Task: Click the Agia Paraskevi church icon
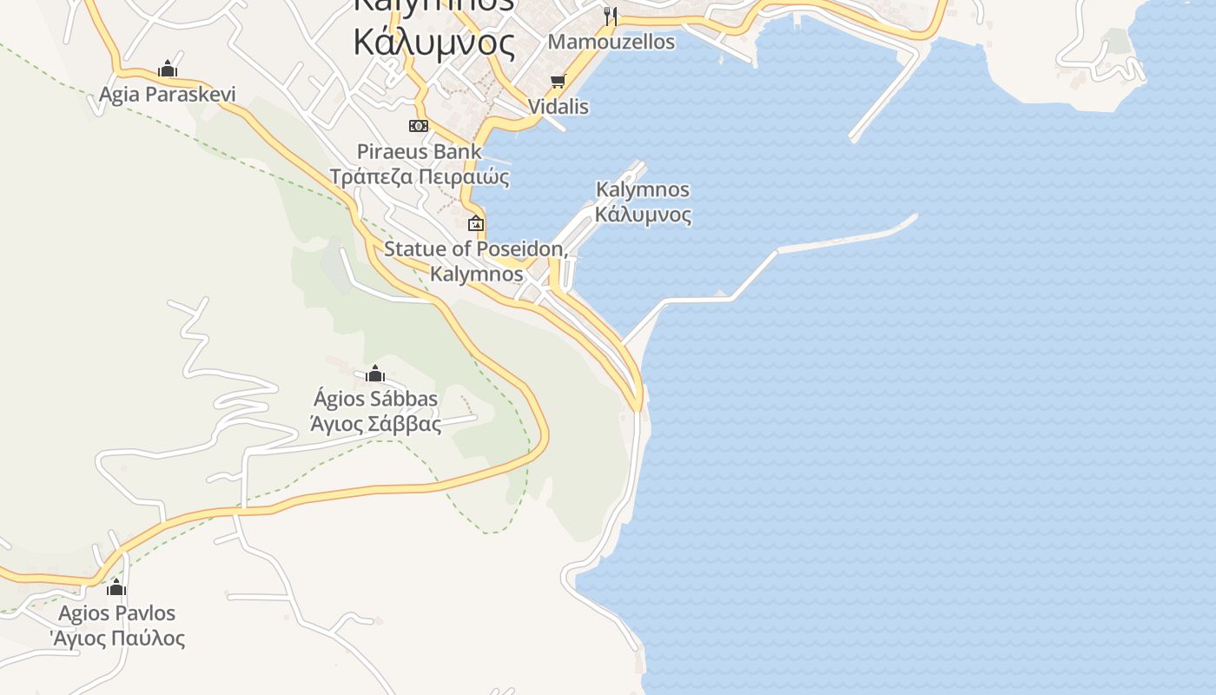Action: point(168,69)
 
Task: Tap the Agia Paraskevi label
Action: point(167,94)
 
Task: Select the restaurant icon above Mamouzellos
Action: point(611,16)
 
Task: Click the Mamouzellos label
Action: point(611,42)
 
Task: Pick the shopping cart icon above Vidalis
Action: point(558,82)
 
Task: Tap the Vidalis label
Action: point(558,107)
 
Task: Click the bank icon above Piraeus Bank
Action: point(419,126)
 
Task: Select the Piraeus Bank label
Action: point(419,152)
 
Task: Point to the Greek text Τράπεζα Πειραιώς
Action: point(419,177)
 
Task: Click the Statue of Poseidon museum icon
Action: point(476,223)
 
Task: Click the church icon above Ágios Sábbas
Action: point(375,374)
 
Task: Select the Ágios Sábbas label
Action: point(375,400)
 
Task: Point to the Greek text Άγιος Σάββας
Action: point(375,424)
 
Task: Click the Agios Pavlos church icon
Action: point(116,588)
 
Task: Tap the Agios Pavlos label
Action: point(116,613)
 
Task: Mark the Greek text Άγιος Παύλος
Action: point(117,639)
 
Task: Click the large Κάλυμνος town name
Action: point(434,41)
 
